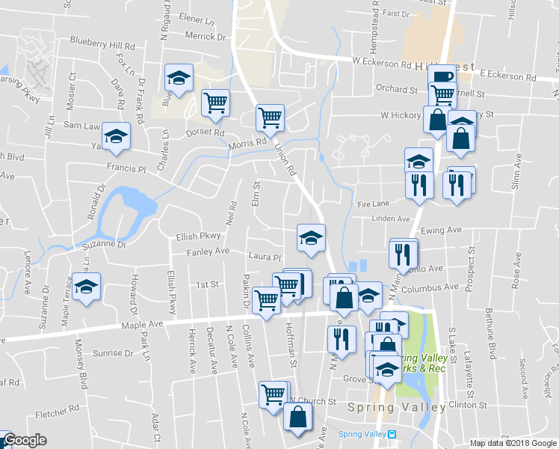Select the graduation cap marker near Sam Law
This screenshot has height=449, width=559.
(x=116, y=136)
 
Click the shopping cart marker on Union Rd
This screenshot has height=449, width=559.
(x=269, y=117)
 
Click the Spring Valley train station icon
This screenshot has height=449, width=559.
(x=392, y=434)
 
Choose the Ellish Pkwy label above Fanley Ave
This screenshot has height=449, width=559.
(x=197, y=236)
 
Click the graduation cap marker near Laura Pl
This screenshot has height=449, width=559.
(x=311, y=238)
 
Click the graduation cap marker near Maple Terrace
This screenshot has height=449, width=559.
(x=87, y=287)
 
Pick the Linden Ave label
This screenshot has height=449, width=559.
(x=393, y=219)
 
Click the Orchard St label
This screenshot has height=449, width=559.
(x=396, y=89)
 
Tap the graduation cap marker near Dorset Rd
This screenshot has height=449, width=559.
(x=179, y=77)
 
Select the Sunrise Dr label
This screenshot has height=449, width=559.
(x=112, y=352)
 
